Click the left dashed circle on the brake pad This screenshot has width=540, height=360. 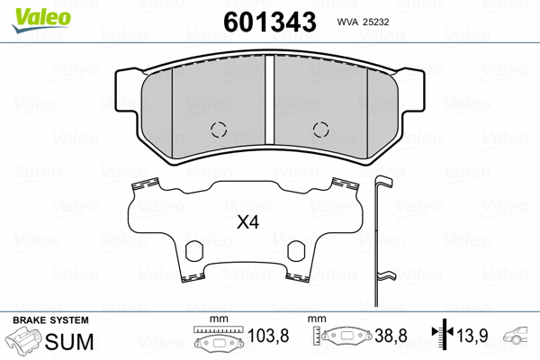click(x=217, y=128)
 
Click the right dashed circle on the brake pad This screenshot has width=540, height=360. click(x=319, y=128)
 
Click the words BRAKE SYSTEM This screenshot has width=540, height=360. click(x=50, y=320)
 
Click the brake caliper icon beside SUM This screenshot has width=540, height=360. click(x=25, y=342)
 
